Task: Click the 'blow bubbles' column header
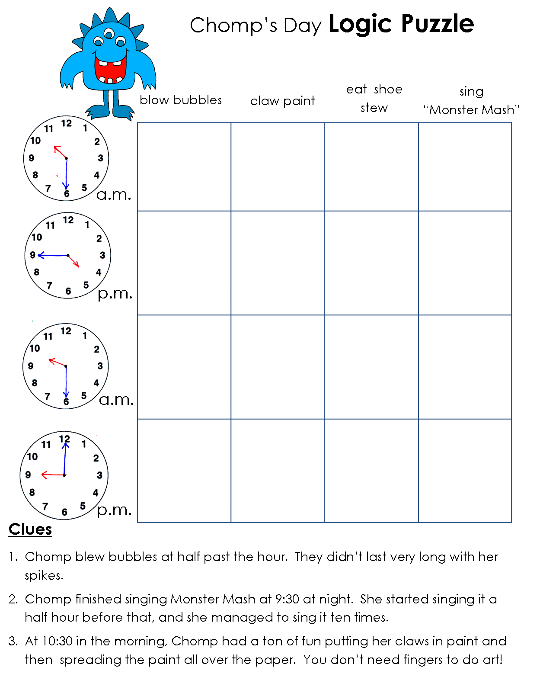(180, 100)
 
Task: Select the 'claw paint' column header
(282, 101)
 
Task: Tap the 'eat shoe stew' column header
(374, 99)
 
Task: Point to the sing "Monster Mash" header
(471, 101)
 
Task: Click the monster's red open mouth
(110, 69)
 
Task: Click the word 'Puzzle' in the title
(438, 24)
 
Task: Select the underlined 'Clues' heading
(30, 529)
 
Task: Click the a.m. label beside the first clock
(113, 195)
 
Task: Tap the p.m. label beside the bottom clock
(114, 510)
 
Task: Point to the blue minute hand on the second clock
(53, 256)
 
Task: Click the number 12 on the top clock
(66, 123)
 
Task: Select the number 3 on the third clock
(100, 366)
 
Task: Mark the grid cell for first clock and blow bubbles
(184, 167)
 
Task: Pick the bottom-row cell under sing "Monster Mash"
(465, 471)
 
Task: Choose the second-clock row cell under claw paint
(278, 263)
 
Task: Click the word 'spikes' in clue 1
(43, 576)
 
